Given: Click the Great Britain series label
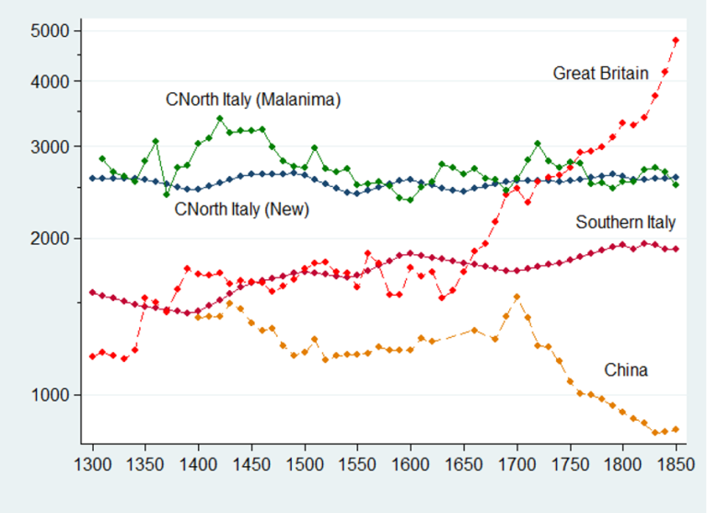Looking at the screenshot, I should click(600, 73).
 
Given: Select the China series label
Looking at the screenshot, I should click(626, 370).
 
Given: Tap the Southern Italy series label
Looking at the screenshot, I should click(626, 222).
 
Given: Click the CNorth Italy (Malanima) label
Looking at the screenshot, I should click(253, 99).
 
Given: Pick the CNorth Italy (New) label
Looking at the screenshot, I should click(241, 209).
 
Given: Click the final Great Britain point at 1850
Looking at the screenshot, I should click(676, 41).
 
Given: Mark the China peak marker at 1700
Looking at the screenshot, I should click(516, 297).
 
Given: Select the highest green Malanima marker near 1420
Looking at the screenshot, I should click(219, 119).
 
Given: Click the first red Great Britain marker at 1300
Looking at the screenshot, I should click(92, 356).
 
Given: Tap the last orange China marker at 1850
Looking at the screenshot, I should click(676, 429).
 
